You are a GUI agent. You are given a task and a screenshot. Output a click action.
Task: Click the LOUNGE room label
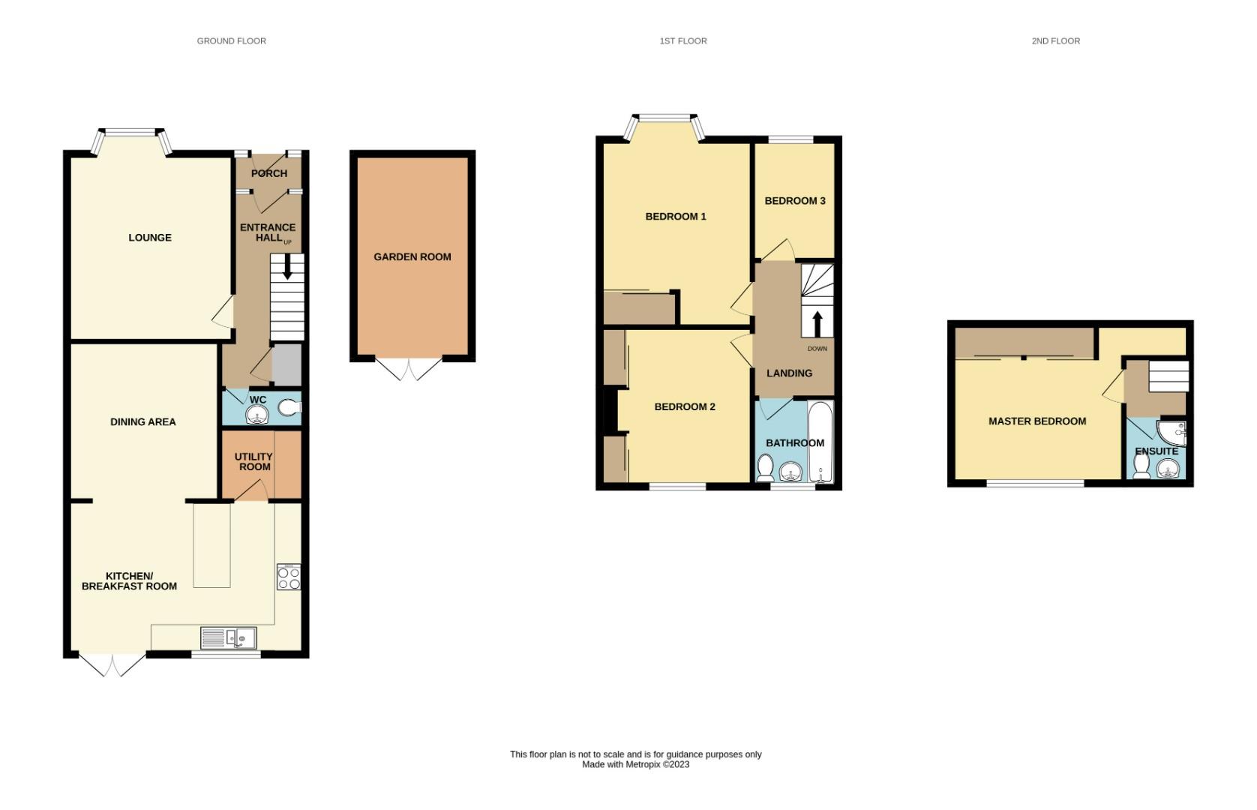pos(150,238)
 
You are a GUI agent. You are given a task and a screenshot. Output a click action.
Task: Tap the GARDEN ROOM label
pos(412,256)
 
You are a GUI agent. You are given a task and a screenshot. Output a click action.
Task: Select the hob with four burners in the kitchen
pos(289,577)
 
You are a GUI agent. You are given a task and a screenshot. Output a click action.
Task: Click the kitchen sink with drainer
pos(228,638)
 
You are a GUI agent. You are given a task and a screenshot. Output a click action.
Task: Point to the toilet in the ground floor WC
pos(289,408)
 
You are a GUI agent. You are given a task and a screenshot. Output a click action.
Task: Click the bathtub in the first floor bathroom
pos(820,442)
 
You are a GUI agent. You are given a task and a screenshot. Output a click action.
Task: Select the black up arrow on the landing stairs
pos(817,323)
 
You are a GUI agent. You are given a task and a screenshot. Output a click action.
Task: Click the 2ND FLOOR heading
pos(1055,41)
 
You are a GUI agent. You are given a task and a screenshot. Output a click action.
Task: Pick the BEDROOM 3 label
pos(795,201)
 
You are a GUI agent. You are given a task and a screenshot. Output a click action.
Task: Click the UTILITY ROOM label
pos(254,461)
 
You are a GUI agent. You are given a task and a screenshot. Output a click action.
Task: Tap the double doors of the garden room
pos(409,369)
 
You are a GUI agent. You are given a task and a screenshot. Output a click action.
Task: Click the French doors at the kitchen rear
pos(112,665)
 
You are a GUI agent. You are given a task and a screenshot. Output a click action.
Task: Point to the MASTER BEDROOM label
pos(1036,421)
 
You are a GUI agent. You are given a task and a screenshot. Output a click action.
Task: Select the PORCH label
pos(268,173)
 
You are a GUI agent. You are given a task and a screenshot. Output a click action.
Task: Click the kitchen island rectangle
pos(212,545)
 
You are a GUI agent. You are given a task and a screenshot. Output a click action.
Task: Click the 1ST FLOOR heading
pos(682,41)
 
